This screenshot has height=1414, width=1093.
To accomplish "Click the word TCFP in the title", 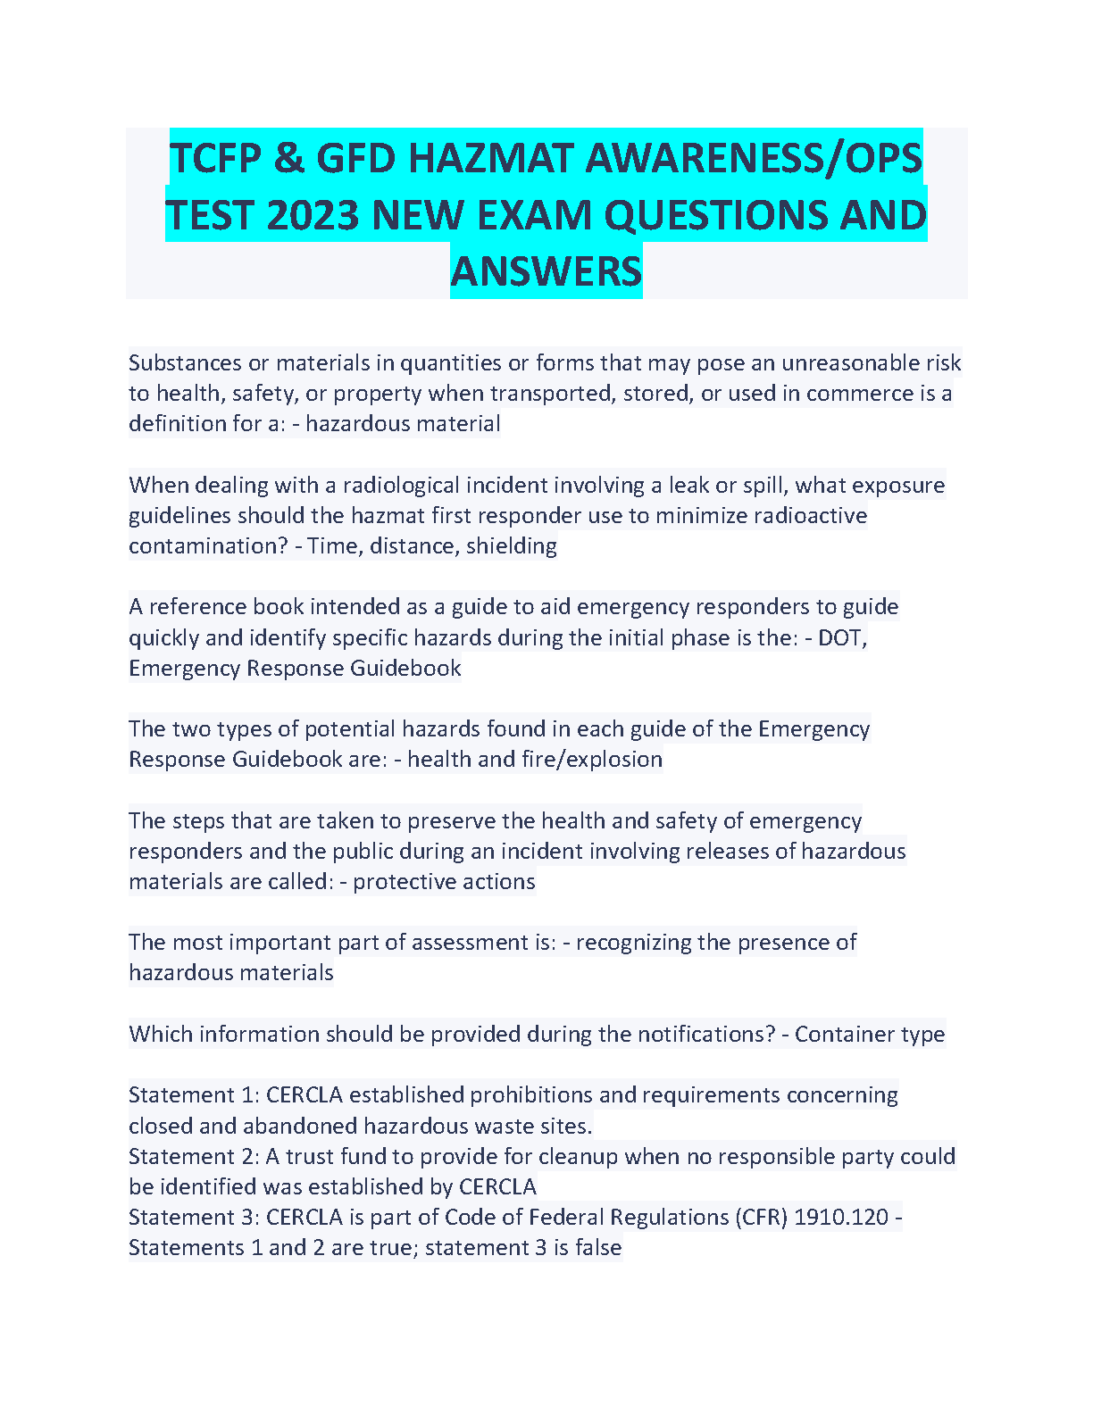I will [x=214, y=159].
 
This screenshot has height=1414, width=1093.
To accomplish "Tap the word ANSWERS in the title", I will [x=546, y=271].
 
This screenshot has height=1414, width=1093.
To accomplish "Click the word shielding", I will [x=511, y=545].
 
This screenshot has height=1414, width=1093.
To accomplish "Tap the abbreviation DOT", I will [x=840, y=637].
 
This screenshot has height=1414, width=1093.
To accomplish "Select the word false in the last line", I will [x=598, y=1247].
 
